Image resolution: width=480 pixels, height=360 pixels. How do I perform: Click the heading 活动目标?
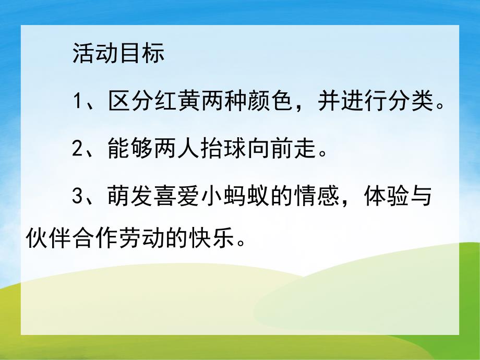[119, 53]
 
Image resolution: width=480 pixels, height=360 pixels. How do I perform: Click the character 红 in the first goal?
[166, 102]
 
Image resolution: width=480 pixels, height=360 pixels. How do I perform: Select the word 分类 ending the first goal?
[412, 102]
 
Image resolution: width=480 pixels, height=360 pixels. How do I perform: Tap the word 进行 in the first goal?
[365, 102]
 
